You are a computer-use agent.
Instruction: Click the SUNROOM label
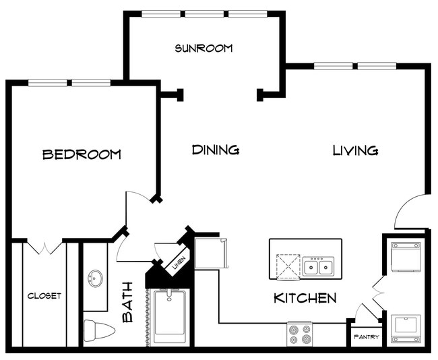pyautogui.click(x=204, y=49)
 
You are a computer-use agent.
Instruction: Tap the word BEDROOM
pyautogui.click(x=82, y=154)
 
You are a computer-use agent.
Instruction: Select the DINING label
pyautogui.click(x=216, y=150)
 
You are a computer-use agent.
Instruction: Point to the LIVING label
pyautogui.click(x=355, y=150)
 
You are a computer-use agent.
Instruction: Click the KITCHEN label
pyautogui.click(x=305, y=298)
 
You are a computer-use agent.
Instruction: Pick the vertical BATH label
pyautogui.click(x=127, y=302)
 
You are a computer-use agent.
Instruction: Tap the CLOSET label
pyautogui.click(x=44, y=296)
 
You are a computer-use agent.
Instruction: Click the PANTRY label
pyautogui.click(x=367, y=337)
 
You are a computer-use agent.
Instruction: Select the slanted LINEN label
pyautogui.click(x=179, y=263)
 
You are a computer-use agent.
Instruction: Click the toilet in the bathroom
pyautogui.click(x=99, y=330)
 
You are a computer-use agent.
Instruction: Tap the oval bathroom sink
pyautogui.click(x=95, y=278)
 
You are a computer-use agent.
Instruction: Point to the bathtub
pyautogui.click(x=170, y=318)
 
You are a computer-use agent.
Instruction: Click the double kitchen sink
pyautogui.click(x=318, y=266)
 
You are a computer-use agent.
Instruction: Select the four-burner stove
pyautogui.click(x=300, y=334)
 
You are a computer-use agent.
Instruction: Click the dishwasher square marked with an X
pyautogui.click(x=288, y=266)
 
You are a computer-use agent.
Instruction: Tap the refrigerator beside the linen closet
pyautogui.click(x=211, y=253)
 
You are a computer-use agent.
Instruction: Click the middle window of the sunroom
pyautogui.click(x=204, y=13)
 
